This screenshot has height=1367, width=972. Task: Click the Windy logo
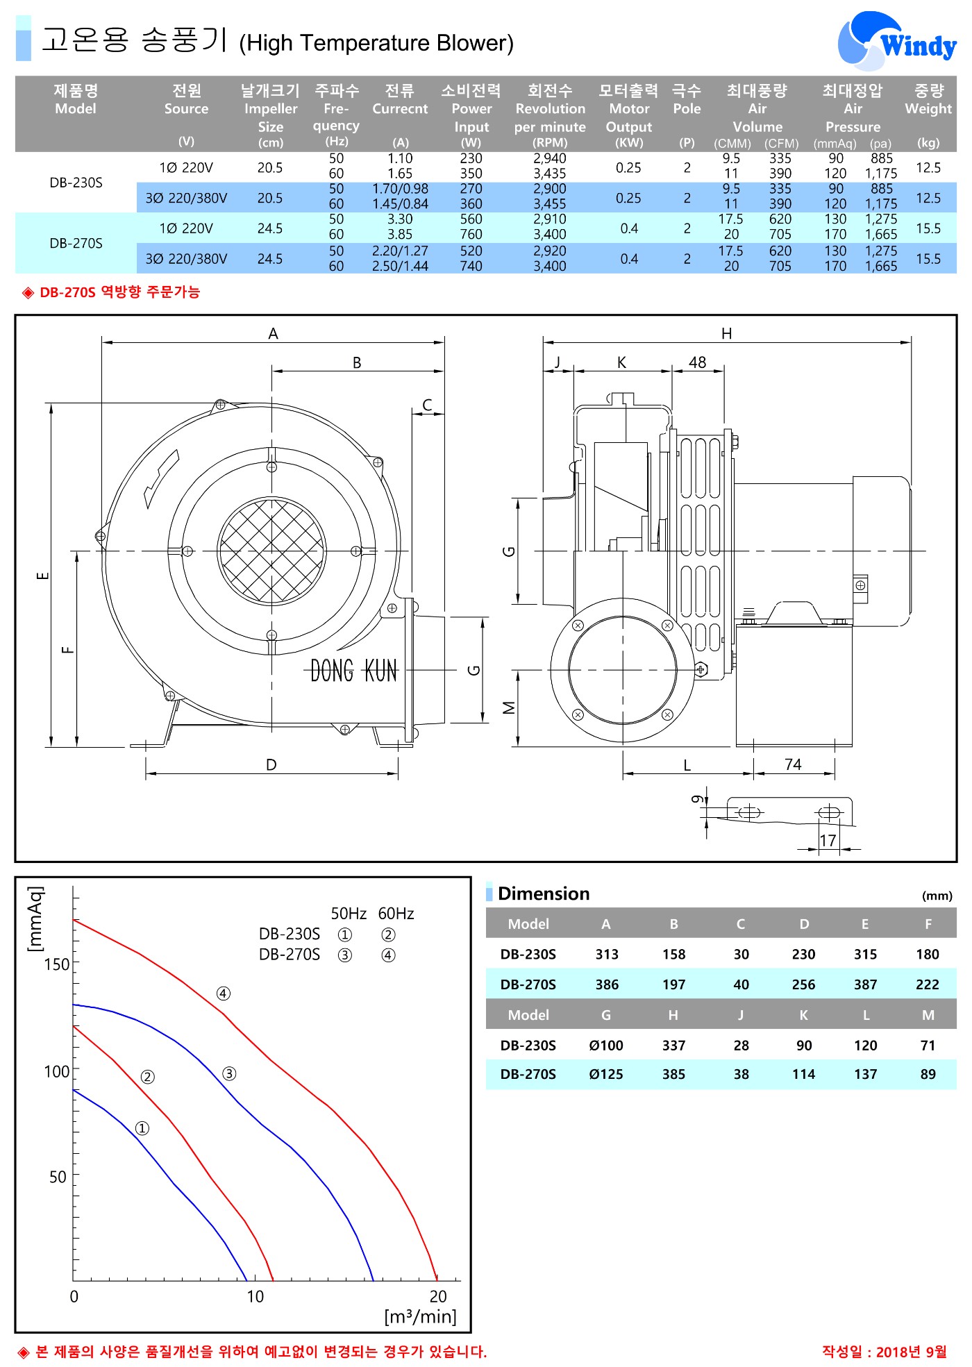897,42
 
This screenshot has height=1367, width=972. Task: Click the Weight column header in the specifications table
928,99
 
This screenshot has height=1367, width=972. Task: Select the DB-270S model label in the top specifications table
76,243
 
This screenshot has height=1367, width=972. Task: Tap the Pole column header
687,99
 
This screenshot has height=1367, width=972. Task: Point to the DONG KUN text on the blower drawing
354,671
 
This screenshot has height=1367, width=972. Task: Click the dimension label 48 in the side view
697,362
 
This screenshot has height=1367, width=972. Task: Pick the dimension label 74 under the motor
793,764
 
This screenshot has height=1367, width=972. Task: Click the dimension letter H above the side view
726,333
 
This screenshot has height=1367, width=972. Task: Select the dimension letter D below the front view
271,764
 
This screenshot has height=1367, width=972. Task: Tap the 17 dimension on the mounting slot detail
828,841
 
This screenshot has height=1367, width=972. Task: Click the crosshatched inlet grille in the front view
271,551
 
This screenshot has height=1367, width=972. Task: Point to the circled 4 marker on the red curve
223,993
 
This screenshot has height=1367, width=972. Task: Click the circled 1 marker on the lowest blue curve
142,1128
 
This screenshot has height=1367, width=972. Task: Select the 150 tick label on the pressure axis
57,964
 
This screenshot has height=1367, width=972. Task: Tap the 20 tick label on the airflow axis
438,1296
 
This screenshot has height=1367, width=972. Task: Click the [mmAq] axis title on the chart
35,919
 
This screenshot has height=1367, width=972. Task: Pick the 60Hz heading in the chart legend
396,914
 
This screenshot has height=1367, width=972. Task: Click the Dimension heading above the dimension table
544,894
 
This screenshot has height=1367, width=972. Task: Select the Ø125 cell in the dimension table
606,1074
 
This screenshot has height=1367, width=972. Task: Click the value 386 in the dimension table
607,984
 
